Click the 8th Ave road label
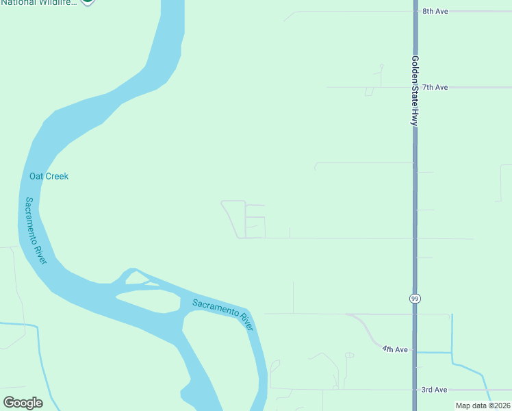(x=435, y=12)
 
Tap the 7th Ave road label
(x=435, y=88)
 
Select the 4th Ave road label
(x=395, y=349)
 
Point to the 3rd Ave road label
(x=434, y=390)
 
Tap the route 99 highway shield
(x=415, y=299)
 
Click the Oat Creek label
(x=49, y=176)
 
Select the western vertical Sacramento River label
(x=36, y=231)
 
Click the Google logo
(x=23, y=403)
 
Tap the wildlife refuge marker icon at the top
(x=88, y=2)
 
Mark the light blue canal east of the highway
(x=452, y=336)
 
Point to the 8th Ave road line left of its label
(x=342, y=12)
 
